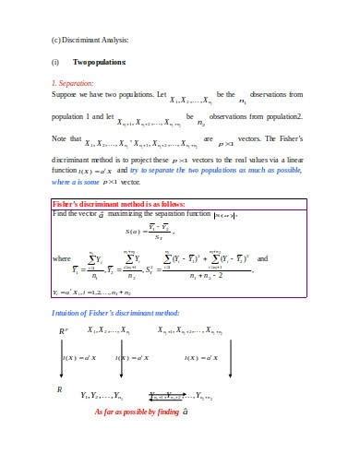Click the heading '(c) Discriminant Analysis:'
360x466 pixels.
coord(90,42)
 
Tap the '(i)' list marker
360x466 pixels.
coord(55,63)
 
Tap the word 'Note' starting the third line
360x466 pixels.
coord(60,138)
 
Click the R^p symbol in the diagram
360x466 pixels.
coord(63,330)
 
